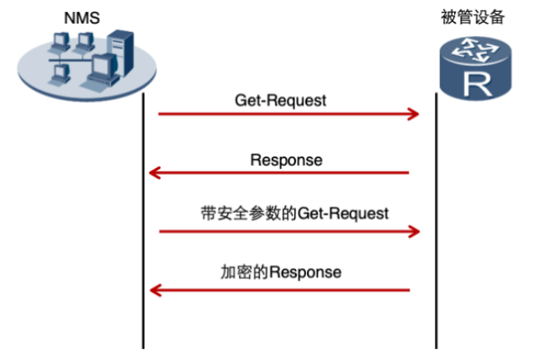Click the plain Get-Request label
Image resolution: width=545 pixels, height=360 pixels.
click(x=280, y=100)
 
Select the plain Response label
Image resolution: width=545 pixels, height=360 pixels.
click(x=286, y=159)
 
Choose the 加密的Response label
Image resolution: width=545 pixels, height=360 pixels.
click(x=281, y=273)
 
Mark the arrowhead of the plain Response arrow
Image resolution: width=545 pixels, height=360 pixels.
click(x=154, y=173)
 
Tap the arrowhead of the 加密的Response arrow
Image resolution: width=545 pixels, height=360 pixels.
click(x=154, y=290)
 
